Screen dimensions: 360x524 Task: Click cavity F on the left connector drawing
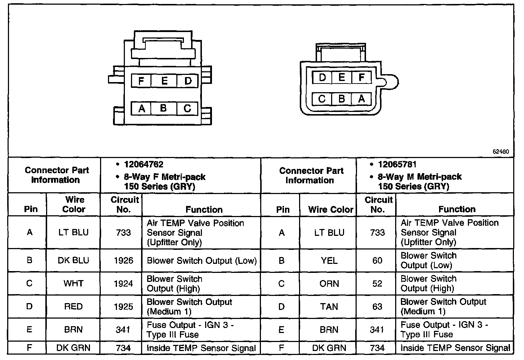coord(141,81)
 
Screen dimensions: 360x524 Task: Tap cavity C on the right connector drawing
coord(322,99)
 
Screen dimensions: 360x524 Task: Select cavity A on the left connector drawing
coord(141,108)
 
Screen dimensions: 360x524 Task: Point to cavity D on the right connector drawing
coord(322,77)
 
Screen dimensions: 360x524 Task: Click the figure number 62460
coord(501,152)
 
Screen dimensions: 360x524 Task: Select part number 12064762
coord(144,165)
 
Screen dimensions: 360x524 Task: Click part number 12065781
coord(397,165)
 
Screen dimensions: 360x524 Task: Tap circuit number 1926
coord(123,260)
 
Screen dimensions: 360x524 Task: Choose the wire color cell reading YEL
coord(329,260)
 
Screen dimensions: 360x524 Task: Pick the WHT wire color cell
coord(73,283)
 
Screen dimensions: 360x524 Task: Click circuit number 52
coord(377,283)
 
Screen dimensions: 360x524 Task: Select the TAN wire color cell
coord(329,306)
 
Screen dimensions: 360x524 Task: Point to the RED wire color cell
coord(73,306)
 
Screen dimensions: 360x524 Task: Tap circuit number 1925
coord(123,306)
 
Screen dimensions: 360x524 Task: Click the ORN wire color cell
coord(329,283)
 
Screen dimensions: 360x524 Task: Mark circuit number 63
coord(377,306)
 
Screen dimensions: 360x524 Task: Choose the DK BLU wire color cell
coord(73,260)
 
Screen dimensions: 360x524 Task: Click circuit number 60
coord(377,260)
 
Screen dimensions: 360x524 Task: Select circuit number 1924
coord(123,283)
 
